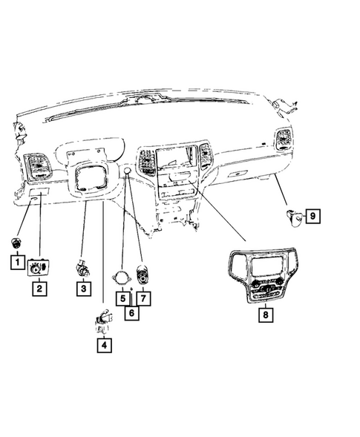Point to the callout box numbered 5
(122, 298)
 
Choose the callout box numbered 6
(131, 312)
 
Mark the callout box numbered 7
(143, 298)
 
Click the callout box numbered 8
(265, 315)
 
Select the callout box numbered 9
(312, 216)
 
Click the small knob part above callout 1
(16, 243)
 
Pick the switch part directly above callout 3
(82, 267)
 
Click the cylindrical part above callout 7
(143, 275)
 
